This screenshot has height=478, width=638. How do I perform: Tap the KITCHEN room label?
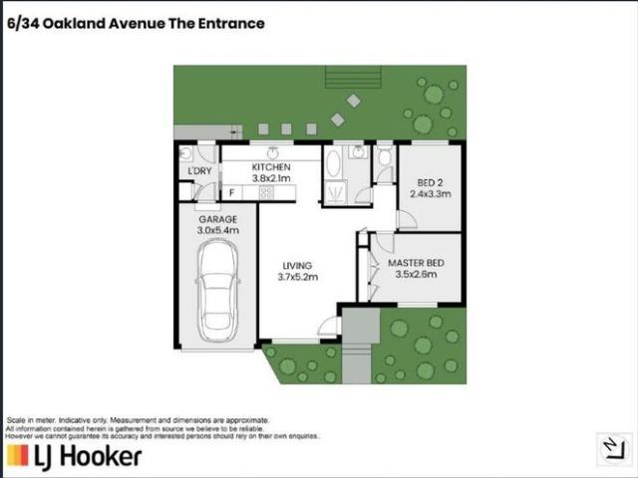pyautogui.click(x=270, y=166)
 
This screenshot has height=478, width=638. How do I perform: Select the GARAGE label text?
pyautogui.click(x=215, y=219)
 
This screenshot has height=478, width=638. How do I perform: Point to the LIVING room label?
pyautogui.click(x=297, y=266)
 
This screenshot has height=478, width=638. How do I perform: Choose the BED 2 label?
pyautogui.click(x=430, y=181)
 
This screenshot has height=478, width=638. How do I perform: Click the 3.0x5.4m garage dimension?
pyautogui.click(x=215, y=231)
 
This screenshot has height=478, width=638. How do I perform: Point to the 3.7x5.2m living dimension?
pyautogui.click(x=297, y=278)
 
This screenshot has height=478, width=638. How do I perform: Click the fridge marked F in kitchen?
pyautogui.click(x=231, y=191)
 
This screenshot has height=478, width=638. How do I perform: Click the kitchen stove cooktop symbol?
pyautogui.click(x=267, y=191)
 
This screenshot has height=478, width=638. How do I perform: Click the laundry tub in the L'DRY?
pyautogui.click(x=185, y=153)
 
